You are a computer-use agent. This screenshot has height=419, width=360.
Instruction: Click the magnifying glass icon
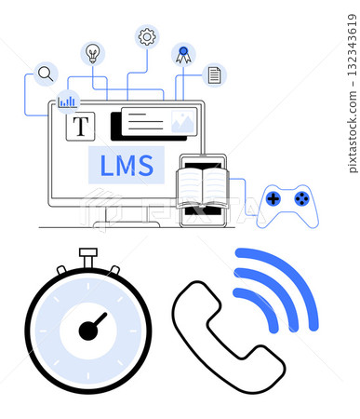pyautogui.click(x=45, y=74)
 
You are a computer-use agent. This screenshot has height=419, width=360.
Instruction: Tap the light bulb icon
pyautogui.click(x=93, y=52)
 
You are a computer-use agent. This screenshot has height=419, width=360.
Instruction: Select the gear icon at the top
pyautogui.click(x=146, y=36)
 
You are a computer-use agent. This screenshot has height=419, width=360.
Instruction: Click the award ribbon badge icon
pyautogui.click(x=183, y=54)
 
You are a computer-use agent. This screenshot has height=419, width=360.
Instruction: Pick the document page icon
pyautogui.click(x=215, y=74)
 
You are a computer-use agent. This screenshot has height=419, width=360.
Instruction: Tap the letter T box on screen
pyautogui.click(x=81, y=126)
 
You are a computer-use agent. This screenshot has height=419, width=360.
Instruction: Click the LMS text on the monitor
pyautogui.click(x=126, y=166)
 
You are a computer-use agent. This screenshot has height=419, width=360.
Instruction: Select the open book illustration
pyautogui.click(x=203, y=186)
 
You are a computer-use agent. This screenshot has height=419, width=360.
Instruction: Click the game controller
pyautogui.click(x=287, y=205)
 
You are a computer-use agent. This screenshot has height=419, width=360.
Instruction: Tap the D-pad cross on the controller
pyautogui.click(x=273, y=197)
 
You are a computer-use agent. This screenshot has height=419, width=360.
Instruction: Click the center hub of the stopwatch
pyautogui.click(x=88, y=331)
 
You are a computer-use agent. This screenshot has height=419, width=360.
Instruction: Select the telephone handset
pyautogui.click(x=226, y=336)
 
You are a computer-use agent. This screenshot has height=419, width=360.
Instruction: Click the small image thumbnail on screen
pyautogui.click(x=183, y=121)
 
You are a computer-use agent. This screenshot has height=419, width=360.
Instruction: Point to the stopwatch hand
pyautogui.click(x=97, y=322)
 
